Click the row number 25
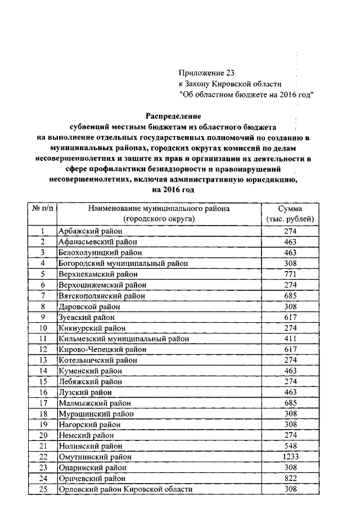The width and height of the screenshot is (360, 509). pyautogui.click(x=43, y=489)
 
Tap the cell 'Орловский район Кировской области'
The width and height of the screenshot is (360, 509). pyautogui.click(x=125, y=489)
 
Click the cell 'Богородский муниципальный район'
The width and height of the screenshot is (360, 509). pyautogui.click(x=123, y=263)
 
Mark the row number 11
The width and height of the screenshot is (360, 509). pyautogui.click(x=43, y=339)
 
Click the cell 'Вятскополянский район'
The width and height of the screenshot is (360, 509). pyautogui.click(x=102, y=295)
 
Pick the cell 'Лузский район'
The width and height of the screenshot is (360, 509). pyautogui.click(x=85, y=392)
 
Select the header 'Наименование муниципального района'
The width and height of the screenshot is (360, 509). pyautogui.click(x=159, y=208)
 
